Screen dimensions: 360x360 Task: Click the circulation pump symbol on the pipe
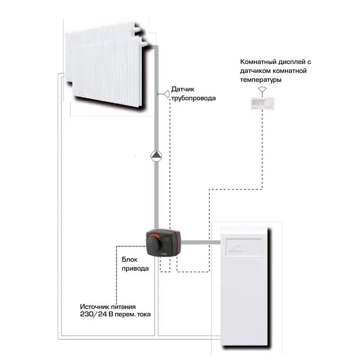(156, 156)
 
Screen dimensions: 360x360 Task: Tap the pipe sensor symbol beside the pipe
(166, 94)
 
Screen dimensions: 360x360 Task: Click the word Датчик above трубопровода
(183, 89)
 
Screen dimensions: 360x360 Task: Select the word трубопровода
(193, 98)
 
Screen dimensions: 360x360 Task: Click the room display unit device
(262, 103)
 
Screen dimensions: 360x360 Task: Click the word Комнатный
(258, 62)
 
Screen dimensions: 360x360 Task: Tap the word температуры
(261, 80)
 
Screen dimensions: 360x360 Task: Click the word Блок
(130, 260)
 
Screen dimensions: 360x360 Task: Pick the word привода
(135, 269)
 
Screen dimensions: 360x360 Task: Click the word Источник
(94, 307)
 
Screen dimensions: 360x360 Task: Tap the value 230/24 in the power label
(94, 314)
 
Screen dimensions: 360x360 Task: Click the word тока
(144, 314)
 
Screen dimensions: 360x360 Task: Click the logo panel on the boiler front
(244, 247)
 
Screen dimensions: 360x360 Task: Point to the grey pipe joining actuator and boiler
(201, 242)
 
